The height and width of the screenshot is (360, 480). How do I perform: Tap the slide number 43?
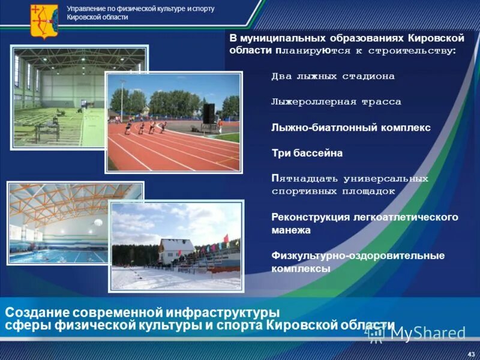click(x=470, y=352)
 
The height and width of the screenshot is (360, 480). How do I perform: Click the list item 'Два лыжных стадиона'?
click(x=333, y=77)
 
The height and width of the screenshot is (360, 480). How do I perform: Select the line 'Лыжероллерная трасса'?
click(x=336, y=102)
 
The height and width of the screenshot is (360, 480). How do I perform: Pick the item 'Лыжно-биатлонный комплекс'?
click(x=351, y=128)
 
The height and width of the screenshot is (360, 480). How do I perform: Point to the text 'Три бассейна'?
click(x=307, y=153)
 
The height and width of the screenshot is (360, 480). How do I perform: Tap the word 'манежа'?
click(x=291, y=230)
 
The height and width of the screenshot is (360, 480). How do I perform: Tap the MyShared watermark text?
click(x=428, y=333)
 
